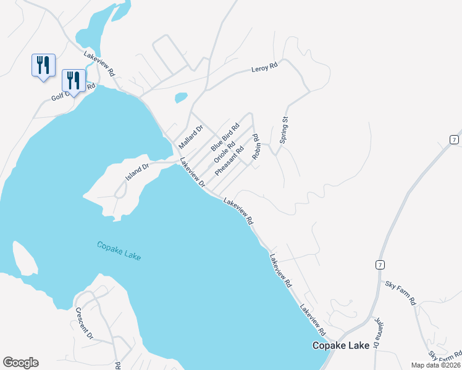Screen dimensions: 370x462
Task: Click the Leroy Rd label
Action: coord(264,68)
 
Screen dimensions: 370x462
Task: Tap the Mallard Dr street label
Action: coord(191,137)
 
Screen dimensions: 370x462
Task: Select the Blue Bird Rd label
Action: coord(225,137)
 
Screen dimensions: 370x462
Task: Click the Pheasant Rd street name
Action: coord(230,160)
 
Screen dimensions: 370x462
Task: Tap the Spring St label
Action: coord(284,130)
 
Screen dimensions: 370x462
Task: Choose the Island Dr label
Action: coord(138,171)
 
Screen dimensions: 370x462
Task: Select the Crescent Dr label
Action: coord(85,323)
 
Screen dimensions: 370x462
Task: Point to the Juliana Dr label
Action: coord(378,331)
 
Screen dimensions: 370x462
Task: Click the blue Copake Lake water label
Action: coord(119,250)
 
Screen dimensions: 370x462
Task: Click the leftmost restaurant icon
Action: coord(43,65)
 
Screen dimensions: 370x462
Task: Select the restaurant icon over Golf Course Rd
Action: coord(73,80)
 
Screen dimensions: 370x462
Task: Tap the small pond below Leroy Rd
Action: coord(181,97)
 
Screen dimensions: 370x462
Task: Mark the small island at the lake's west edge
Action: coord(23,258)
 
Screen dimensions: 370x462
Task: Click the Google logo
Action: coord(20,363)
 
